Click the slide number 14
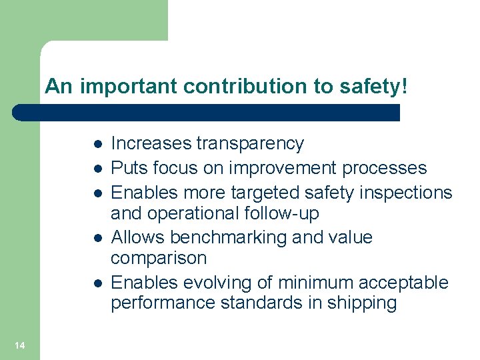click(19, 345)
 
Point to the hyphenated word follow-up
click(284, 213)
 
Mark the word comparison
click(159, 258)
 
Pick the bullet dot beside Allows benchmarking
click(97, 238)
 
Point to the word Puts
click(126, 168)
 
